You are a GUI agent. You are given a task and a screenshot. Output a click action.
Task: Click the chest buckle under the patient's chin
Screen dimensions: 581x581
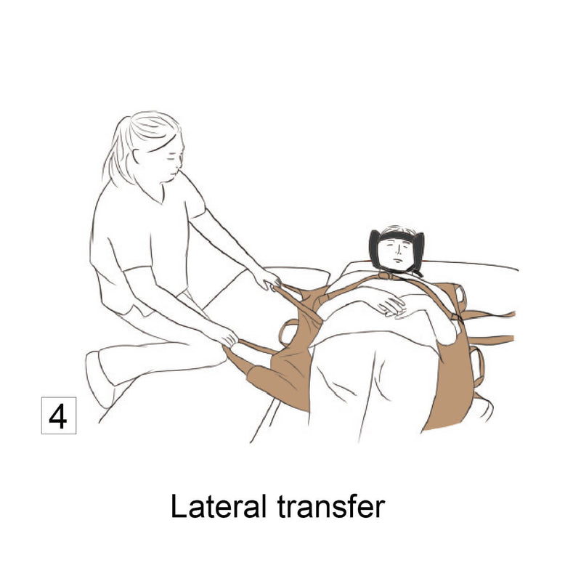click(393, 276)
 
